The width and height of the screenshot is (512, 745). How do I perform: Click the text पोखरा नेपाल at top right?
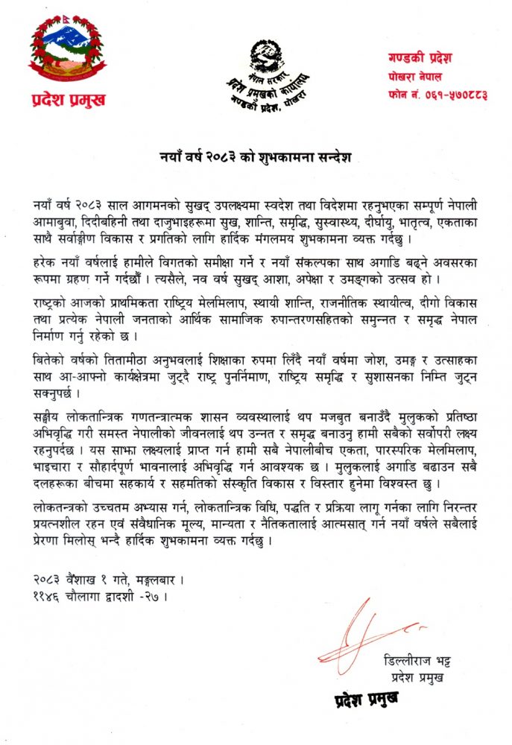pyautogui.click(x=414, y=76)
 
